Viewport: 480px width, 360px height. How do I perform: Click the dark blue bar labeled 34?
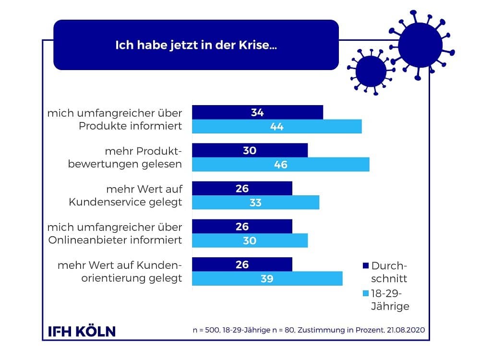coord(257,112)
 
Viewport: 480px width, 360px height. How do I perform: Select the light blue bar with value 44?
coord(276,127)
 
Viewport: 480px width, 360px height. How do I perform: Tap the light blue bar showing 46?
coord(281,165)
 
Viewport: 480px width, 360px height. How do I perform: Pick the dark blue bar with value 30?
coord(250,150)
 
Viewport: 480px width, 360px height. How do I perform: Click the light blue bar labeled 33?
coord(255,203)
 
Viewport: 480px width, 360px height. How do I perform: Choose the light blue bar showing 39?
coord(267,278)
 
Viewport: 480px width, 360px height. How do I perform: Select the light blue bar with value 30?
coord(250,240)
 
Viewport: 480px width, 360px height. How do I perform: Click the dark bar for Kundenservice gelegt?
coord(242,188)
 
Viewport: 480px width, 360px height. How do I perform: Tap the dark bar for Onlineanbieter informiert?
coord(242,226)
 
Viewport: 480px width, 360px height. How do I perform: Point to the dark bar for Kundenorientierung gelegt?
coord(242,264)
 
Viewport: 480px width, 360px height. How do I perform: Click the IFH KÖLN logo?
coord(82,331)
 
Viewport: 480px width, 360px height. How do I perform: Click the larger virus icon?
coord(420,45)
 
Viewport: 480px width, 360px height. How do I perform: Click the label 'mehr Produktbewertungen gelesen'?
coord(125,157)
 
